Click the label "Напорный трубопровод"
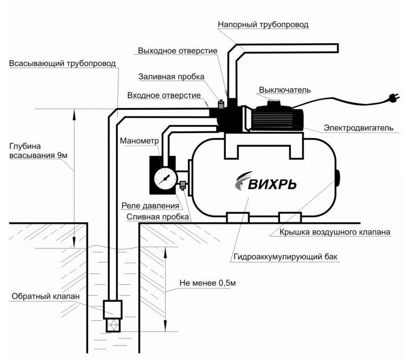tap(263, 24)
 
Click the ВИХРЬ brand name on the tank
tap(272, 184)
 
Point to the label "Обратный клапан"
tap(46, 296)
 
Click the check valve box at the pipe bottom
tap(113, 309)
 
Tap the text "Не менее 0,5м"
tap(208, 283)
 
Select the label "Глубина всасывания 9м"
tap(38, 151)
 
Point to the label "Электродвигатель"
tap(358, 128)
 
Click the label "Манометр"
tap(139, 141)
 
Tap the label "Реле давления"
tap(150, 205)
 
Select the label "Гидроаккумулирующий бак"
tap(286, 257)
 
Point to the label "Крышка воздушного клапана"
tap(335, 232)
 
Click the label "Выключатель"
tap(285, 90)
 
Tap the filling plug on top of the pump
tap(221, 104)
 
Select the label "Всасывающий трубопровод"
tap(63, 64)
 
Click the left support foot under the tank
tap(237, 217)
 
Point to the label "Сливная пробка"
tap(158, 217)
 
